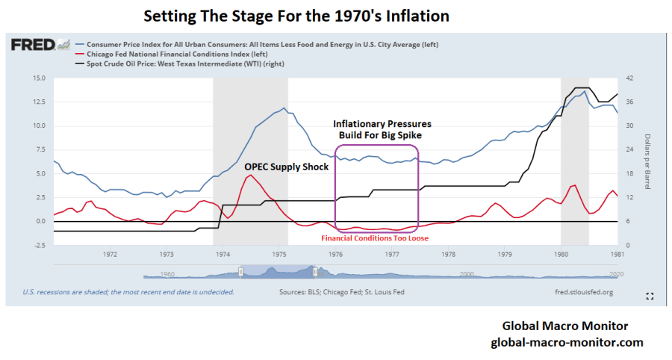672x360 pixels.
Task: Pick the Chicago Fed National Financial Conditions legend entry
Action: click(168, 54)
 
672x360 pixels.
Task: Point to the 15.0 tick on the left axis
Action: click(40, 78)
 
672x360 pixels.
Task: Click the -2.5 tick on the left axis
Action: click(40, 245)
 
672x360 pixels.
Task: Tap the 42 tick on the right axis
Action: click(629, 78)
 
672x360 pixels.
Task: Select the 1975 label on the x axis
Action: click(280, 255)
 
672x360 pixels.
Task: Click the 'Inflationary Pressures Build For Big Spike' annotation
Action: click(382, 128)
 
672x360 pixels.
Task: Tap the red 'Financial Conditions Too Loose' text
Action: click(375, 238)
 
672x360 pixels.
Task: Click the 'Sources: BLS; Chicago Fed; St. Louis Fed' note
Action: click(341, 291)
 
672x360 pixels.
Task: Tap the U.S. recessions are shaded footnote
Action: click(128, 291)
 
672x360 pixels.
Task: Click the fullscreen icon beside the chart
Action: click(650, 297)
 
